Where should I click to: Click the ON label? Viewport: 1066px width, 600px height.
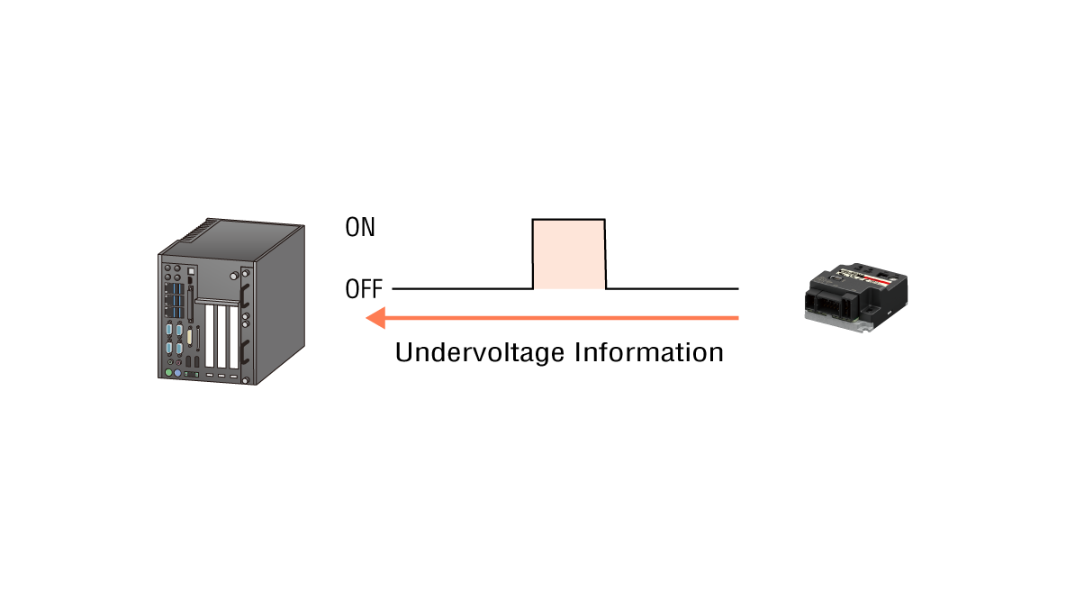click(x=360, y=227)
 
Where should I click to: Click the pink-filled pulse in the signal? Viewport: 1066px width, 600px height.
click(x=569, y=254)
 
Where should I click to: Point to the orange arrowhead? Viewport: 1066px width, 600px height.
click(x=376, y=317)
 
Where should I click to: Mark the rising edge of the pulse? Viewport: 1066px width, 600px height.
click(x=533, y=254)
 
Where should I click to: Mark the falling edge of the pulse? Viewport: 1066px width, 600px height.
click(x=605, y=254)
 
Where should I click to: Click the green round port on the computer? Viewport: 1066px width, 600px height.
click(x=167, y=372)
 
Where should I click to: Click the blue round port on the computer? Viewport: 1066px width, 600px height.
click(x=177, y=373)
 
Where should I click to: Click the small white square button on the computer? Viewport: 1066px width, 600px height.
click(x=190, y=269)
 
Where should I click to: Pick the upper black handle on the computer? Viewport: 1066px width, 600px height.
click(x=244, y=295)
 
